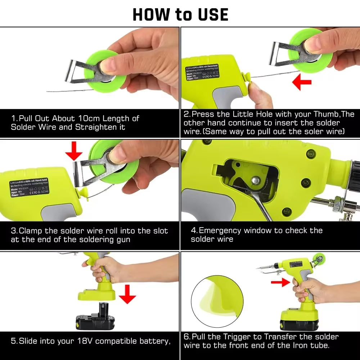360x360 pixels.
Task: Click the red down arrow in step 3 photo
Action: [74, 151]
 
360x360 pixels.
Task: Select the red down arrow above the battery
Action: [127, 293]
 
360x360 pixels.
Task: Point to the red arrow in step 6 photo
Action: [282, 283]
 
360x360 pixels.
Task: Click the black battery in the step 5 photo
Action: [95, 319]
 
